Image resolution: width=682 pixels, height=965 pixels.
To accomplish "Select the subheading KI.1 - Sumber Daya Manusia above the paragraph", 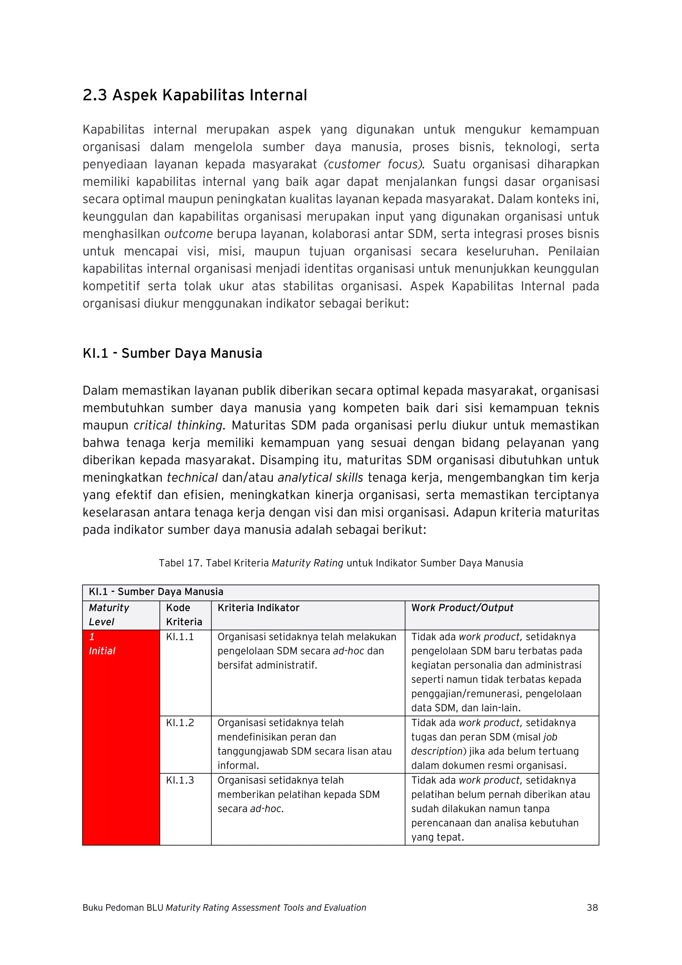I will [172, 353].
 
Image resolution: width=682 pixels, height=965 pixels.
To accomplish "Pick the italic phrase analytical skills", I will [320, 478].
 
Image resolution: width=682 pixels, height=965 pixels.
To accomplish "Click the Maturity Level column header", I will [109, 615].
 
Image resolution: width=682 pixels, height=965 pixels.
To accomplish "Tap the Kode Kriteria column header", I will [183, 615].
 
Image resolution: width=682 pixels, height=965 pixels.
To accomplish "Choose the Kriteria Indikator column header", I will [258, 608].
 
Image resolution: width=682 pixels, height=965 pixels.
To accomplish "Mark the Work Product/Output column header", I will [462, 608].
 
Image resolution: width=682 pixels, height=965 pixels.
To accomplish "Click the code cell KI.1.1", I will [180, 637].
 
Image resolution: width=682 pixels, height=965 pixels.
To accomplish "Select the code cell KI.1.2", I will [180, 723].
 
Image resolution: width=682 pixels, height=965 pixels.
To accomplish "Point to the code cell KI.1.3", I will [180, 780].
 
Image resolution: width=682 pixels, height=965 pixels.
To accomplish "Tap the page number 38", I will [592, 907].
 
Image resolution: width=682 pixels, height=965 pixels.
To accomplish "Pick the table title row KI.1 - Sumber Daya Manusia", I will [156, 592].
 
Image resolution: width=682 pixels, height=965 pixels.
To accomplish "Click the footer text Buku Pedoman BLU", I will [123, 907].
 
